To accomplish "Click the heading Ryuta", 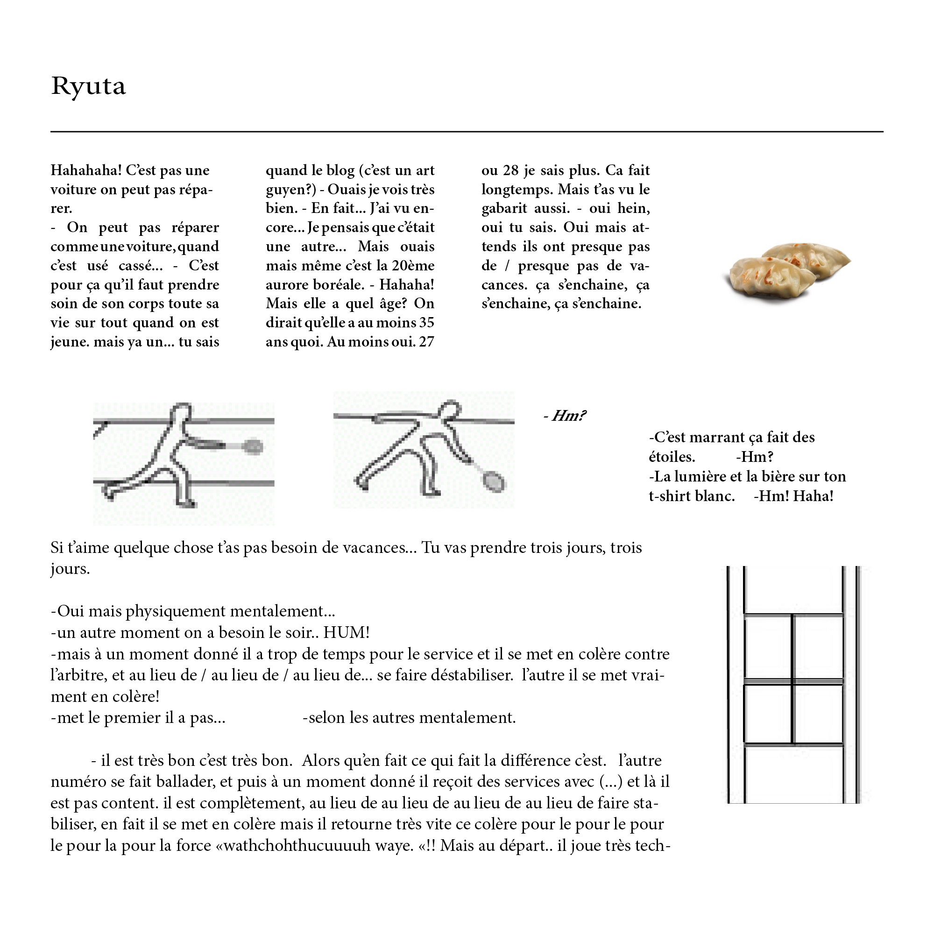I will [88, 86].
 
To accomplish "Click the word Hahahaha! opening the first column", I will [86, 170].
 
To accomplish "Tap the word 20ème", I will [413, 265].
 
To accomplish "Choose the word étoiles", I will [672, 457].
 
